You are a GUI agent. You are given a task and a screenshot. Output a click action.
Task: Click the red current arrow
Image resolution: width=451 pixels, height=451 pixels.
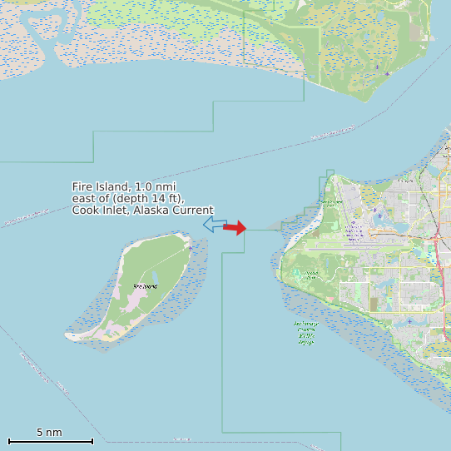coord(235,227)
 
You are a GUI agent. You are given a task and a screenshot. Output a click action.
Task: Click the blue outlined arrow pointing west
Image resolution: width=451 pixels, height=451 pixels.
coord(214,224)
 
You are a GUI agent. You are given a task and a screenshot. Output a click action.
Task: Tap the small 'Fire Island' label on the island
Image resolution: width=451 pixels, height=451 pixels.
coord(144,286)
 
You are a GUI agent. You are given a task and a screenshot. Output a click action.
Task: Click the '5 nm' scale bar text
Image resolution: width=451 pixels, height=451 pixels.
coord(49,433)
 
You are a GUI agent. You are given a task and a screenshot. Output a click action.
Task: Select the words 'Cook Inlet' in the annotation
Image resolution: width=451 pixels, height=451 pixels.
coord(98,211)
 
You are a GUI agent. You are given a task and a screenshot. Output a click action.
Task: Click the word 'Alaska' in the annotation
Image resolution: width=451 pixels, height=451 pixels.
coord(150,211)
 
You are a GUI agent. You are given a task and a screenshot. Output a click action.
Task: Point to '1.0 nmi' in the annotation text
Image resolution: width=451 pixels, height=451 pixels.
coord(156,186)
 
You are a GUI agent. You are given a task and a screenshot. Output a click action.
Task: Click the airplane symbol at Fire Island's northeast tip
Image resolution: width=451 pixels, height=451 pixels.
coord(190,247)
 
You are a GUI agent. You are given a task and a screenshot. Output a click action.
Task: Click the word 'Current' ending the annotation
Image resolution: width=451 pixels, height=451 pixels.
coord(193,211)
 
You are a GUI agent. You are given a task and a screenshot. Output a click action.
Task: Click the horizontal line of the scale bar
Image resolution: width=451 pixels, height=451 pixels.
coord(50,441)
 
